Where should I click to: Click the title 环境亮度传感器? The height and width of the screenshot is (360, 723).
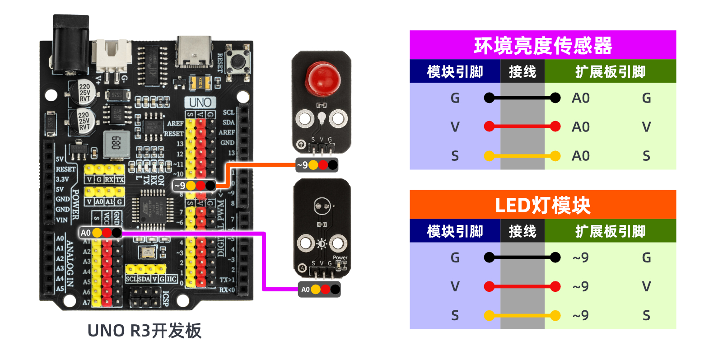(x=542, y=46)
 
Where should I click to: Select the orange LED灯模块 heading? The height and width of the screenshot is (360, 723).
(x=542, y=205)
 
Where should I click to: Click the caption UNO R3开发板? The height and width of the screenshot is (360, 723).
(x=145, y=331)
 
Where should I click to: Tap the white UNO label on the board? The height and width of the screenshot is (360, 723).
(x=200, y=102)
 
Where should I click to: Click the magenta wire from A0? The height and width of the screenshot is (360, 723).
(x=264, y=262)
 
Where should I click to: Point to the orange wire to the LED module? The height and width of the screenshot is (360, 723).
(x=262, y=165)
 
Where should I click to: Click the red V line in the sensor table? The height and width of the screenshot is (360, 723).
(x=522, y=126)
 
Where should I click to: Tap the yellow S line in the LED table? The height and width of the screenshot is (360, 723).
(x=522, y=315)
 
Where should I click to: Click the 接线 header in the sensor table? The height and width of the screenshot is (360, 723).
(x=522, y=72)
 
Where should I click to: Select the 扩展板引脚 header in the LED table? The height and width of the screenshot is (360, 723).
(x=610, y=231)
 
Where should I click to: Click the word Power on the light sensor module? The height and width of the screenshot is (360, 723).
(x=340, y=257)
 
